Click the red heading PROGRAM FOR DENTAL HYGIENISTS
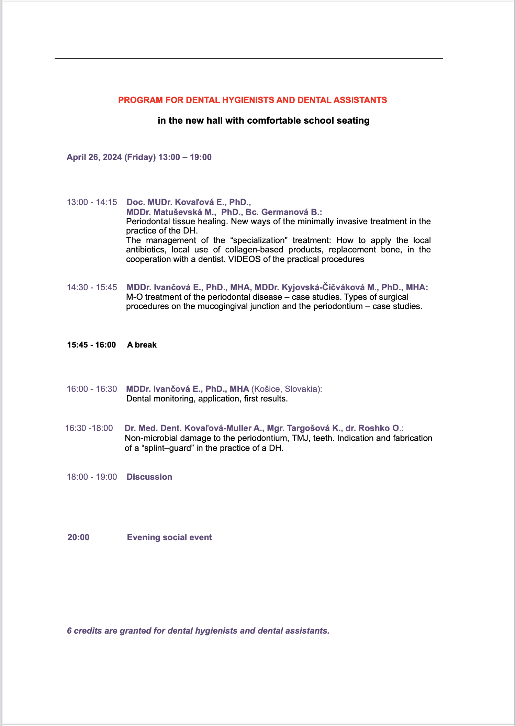pyautogui.click(x=253, y=100)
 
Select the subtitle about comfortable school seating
pyautogui.click(x=263, y=121)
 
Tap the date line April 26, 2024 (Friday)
pyautogui.click(x=139, y=157)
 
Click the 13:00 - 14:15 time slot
pyautogui.click(x=92, y=202)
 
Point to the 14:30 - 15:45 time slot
pyautogui.click(x=92, y=287)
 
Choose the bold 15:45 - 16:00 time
pyautogui.click(x=91, y=345)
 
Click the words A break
pyautogui.click(x=142, y=345)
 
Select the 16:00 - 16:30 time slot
pyautogui.click(x=92, y=389)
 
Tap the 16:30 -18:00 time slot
pyautogui.click(x=89, y=428)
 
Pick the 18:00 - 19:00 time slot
pyautogui.click(x=92, y=477)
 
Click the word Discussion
pyautogui.click(x=149, y=477)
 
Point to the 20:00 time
pyautogui.click(x=78, y=537)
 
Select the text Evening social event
pyautogui.click(x=169, y=537)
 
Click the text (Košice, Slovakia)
pyautogui.click(x=286, y=389)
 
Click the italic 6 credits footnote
pyautogui.click(x=198, y=631)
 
